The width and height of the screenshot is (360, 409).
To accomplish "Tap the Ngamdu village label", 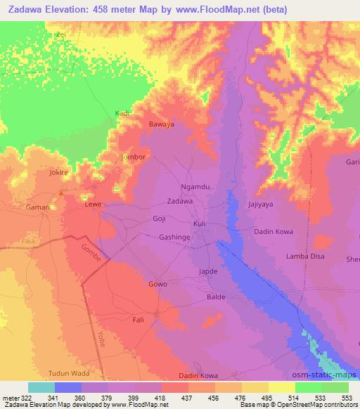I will [195, 188].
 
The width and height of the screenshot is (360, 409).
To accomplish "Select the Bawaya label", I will [161, 124].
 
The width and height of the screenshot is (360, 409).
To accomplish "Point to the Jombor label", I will [134, 157].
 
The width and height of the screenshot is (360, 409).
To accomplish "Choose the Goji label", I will [160, 219].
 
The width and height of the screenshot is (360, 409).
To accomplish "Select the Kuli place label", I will [200, 224].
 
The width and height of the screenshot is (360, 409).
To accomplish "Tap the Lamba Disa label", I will [304, 257].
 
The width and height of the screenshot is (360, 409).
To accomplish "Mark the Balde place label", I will [216, 297].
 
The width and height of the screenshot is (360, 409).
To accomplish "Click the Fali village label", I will [139, 320].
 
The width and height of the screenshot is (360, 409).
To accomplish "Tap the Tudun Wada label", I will [70, 373].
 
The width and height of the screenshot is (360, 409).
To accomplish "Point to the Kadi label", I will [122, 112].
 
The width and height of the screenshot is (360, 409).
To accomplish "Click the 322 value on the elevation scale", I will [22, 398].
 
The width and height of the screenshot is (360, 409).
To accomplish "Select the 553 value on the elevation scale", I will [347, 398].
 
